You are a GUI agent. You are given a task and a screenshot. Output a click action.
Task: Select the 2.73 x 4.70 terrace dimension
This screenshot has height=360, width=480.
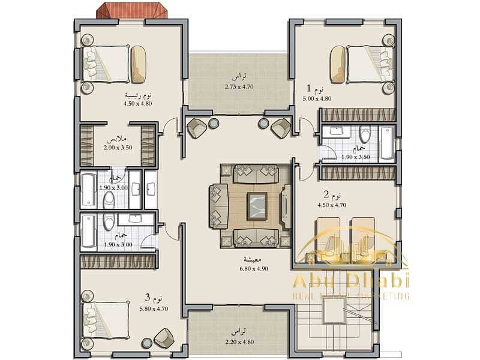click(238, 86)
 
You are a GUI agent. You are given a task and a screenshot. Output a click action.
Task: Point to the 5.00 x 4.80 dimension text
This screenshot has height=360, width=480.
click(317, 98)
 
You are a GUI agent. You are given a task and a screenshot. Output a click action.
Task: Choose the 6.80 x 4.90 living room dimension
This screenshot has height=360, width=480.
click(244, 268)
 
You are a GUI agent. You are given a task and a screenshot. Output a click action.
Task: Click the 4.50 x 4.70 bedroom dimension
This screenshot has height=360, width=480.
click(331, 205)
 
